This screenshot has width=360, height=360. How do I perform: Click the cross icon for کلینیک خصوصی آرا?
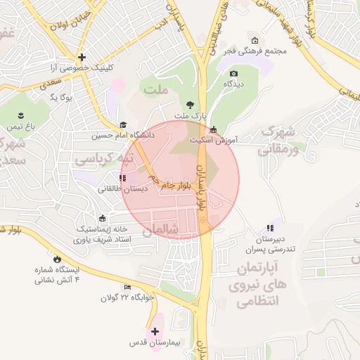coord(82,57)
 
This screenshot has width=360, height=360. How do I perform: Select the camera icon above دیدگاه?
coord(233,73)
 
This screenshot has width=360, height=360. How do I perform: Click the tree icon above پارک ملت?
coord(188,105)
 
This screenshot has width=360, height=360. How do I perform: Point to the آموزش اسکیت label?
coord(214,141)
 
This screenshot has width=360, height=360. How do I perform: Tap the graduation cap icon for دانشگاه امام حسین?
coord(124,124)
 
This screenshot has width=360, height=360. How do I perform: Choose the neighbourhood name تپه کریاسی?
coord(98,160)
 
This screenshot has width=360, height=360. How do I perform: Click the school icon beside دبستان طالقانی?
coord(123,178)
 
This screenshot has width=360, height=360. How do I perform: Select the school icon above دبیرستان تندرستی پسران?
coord(270,228)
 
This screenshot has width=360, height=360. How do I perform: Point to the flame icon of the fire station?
coord(57,259)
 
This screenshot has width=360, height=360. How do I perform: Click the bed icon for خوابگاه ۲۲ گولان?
coord(127,287)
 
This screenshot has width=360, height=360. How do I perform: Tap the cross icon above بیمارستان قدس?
coord(155,330)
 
